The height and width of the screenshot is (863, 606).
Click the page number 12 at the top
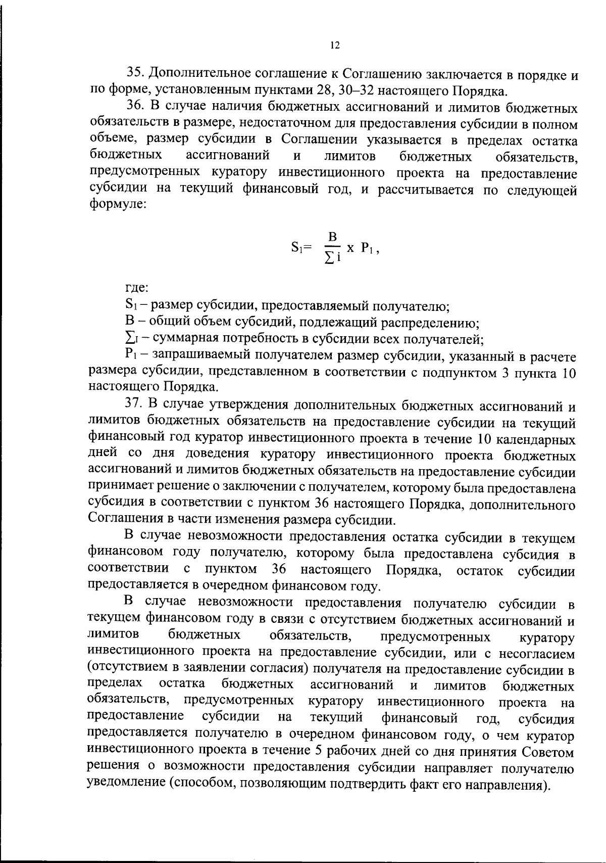[x=335, y=46]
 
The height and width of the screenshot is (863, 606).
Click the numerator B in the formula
[x=332, y=237]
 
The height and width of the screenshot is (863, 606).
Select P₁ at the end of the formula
[x=368, y=248]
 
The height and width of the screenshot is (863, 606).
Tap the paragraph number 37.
[x=133, y=405]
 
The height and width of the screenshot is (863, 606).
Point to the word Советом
[x=548, y=752]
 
